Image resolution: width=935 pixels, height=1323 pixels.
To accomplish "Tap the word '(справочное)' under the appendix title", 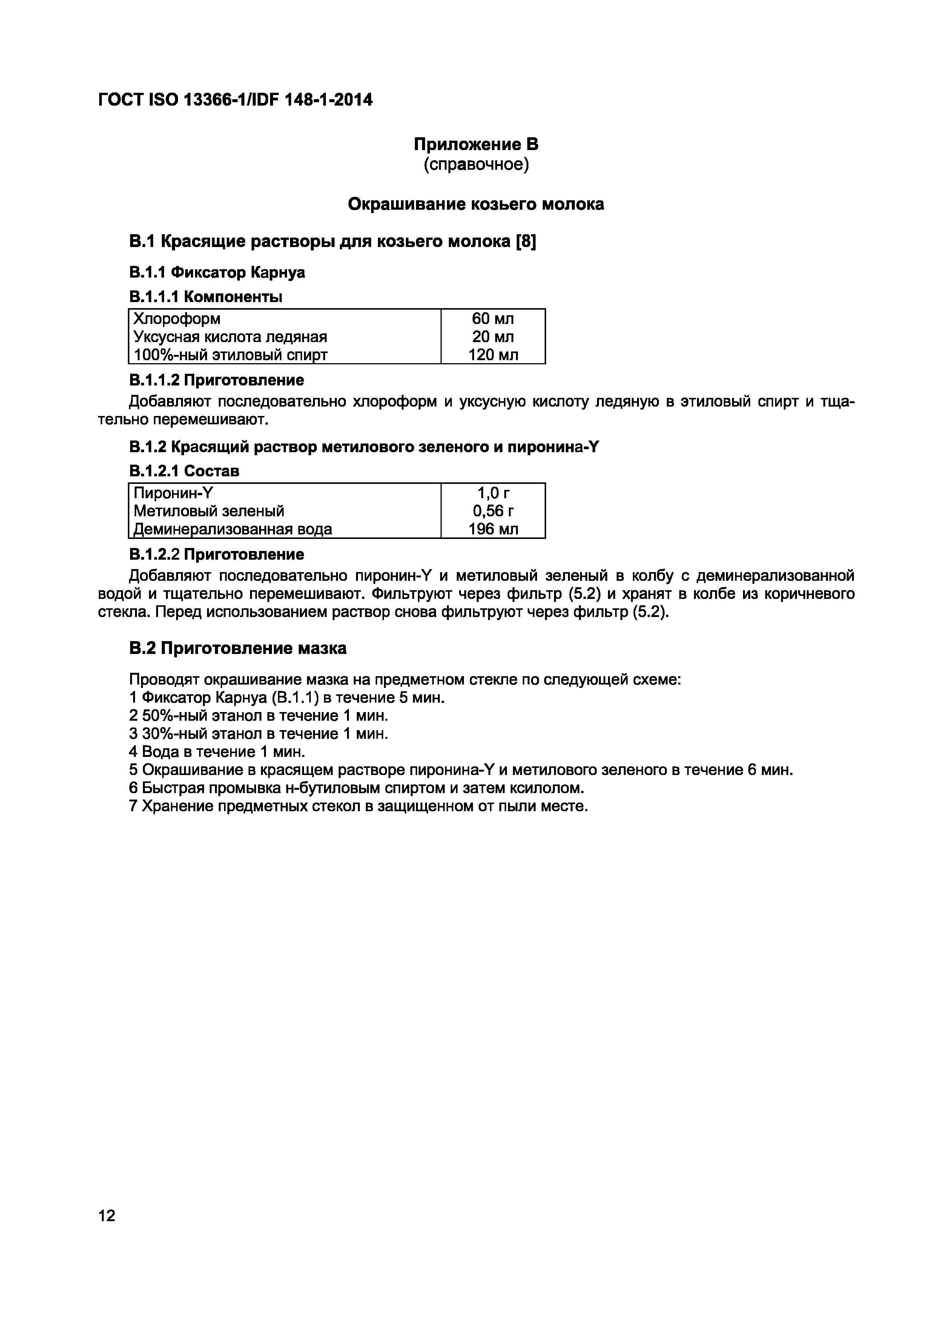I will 476,165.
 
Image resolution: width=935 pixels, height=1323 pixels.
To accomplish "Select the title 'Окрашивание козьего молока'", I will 476,204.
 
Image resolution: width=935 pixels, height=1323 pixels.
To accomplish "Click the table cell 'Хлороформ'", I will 177,319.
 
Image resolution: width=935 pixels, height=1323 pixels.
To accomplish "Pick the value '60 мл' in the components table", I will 493,319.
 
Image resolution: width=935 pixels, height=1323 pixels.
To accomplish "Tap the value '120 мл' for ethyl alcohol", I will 493,355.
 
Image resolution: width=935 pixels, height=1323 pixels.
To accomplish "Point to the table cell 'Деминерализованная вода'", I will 233,529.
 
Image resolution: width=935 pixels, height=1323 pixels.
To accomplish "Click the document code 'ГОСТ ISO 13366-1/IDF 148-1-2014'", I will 235,100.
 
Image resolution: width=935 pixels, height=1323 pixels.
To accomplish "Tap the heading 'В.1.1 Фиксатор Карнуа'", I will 216,273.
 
